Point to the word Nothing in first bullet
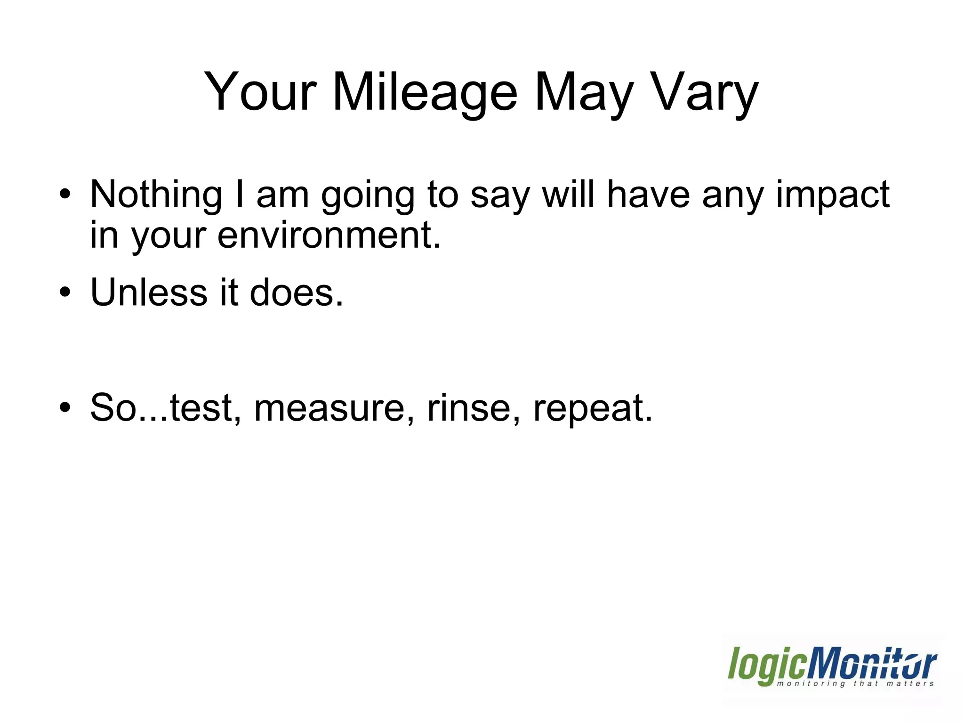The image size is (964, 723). (x=156, y=195)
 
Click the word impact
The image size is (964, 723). (x=832, y=195)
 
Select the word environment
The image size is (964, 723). (x=329, y=235)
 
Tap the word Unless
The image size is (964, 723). (x=148, y=292)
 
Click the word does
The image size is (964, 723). (x=297, y=292)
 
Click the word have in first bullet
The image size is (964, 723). (x=648, y=195)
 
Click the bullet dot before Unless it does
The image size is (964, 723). (x=65, y=292)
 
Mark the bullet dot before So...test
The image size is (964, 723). (x=65, y=407)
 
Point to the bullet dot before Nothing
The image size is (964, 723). (x=65, y=194)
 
